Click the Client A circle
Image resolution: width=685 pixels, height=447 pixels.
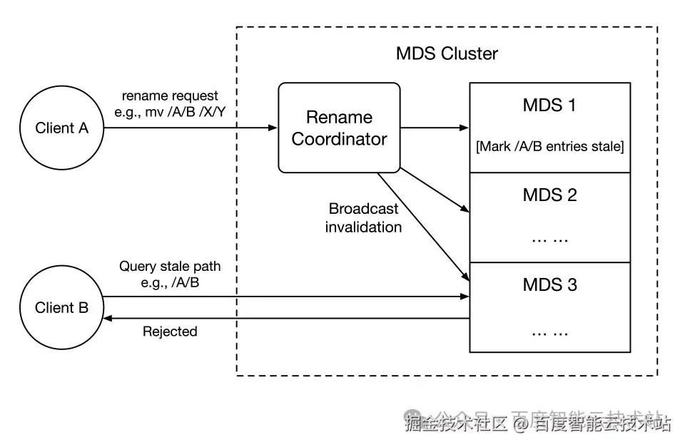62,128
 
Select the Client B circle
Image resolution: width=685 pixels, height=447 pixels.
62,308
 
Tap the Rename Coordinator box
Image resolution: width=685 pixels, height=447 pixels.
339,128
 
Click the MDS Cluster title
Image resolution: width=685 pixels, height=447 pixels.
447,53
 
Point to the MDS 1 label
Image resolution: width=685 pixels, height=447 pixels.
549,106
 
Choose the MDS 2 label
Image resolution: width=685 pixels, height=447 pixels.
549,195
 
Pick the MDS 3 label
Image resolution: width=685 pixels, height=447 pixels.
549,285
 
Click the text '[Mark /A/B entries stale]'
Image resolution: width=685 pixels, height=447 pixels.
549,147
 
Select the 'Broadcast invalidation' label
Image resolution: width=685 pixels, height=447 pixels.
364,218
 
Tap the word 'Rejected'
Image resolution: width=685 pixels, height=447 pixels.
170,332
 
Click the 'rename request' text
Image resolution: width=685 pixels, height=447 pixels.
170,96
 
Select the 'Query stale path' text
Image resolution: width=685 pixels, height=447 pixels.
170,267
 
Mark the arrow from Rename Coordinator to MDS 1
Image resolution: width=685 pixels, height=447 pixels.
434,128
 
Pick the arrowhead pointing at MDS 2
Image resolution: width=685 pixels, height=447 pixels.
465,210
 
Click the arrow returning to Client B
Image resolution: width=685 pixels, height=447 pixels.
285,319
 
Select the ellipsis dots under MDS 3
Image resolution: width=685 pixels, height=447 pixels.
549,332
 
